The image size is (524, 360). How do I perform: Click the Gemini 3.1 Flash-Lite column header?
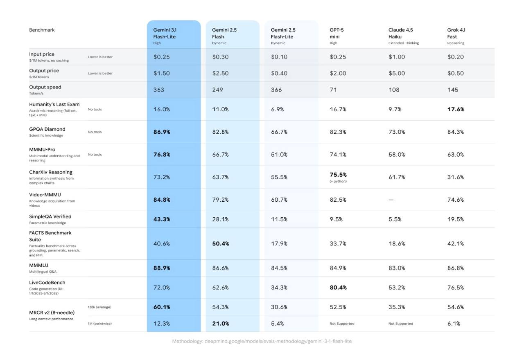click(165, 34)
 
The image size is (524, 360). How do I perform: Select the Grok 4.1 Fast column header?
click(456, 34)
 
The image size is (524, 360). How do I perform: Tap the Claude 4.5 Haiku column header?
click(401, 34)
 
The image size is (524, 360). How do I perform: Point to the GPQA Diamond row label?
click(47, 129)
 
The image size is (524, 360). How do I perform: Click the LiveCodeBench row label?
click(47, 283)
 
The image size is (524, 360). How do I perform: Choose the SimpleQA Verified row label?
click(50, 217)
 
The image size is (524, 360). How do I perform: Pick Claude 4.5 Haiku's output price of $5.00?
click(397, 73)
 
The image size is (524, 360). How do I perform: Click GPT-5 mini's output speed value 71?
click(333, 90)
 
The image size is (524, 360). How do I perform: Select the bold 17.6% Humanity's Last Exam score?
click(456, 109)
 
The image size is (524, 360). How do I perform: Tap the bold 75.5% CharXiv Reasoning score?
click(338, 175)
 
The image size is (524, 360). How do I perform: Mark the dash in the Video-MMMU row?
click(391, 200)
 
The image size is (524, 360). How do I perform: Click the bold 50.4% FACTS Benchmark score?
click(221, 243)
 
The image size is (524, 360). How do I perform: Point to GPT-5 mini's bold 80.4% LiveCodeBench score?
click(338, 288)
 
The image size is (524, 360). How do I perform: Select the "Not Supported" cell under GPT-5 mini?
click(342, 324)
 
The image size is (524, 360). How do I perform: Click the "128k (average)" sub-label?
click(99, 307)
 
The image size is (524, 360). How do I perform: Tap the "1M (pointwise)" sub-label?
click(99, 324)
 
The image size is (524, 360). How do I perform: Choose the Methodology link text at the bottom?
click(262, 341)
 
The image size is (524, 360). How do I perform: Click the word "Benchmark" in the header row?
click(42, 30)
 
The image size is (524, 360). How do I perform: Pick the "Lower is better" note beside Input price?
click(100, 57)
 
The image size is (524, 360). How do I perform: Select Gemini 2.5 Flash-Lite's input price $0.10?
click(279, 57)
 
